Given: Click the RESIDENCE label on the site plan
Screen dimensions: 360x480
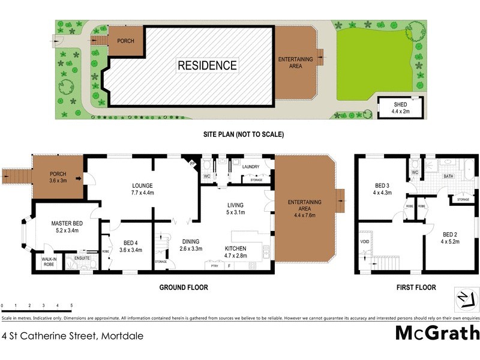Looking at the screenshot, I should click(x=207, y=65).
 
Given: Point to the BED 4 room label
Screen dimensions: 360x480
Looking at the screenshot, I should click(x=130, y=246).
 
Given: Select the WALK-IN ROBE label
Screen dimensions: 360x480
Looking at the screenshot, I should click(x=49, y=262).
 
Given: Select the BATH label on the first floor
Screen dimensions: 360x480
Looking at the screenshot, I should click(x=448, y=176).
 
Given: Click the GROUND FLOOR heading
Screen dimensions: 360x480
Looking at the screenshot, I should click(x=184, y=287).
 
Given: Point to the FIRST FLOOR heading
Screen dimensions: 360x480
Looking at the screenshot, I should click(x=416, y=287).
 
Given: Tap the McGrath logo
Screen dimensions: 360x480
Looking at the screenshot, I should click(x=437, y=332).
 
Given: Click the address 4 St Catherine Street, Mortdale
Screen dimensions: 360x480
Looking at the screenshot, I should click(x=73, y=336).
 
